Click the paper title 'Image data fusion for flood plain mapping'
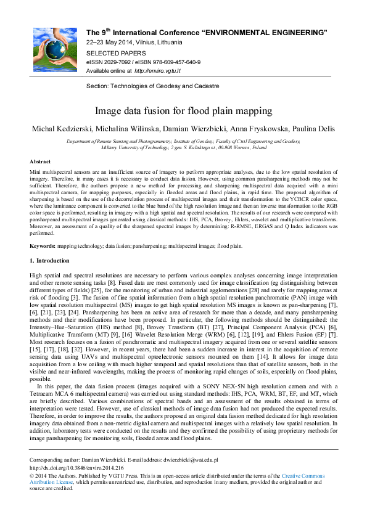coord(183,112)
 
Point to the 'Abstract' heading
coord(40,161)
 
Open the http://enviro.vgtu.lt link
coord(144,72)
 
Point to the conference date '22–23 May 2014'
coord(107,43)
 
